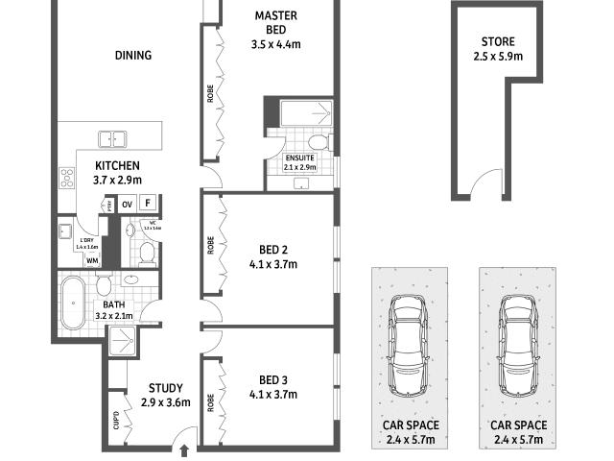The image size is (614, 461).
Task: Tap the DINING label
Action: tap(133, 56)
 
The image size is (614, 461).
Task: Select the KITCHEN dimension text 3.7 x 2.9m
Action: tap(118, 180)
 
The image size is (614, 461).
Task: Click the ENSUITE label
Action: tap(299, 158)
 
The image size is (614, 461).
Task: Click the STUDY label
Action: tap(166, 388)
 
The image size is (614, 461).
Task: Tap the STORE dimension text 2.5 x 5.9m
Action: tap(498, 57)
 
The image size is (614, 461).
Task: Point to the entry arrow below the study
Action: tap(184, 450)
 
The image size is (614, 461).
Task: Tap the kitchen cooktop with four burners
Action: tap(68, 178)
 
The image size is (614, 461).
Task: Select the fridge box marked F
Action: tap(148, 203)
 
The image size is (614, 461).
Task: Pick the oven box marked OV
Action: tap(127, 203)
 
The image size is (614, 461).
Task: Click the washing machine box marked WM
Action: tap(93, 260)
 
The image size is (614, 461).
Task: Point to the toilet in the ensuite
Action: tap(322, 143)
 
